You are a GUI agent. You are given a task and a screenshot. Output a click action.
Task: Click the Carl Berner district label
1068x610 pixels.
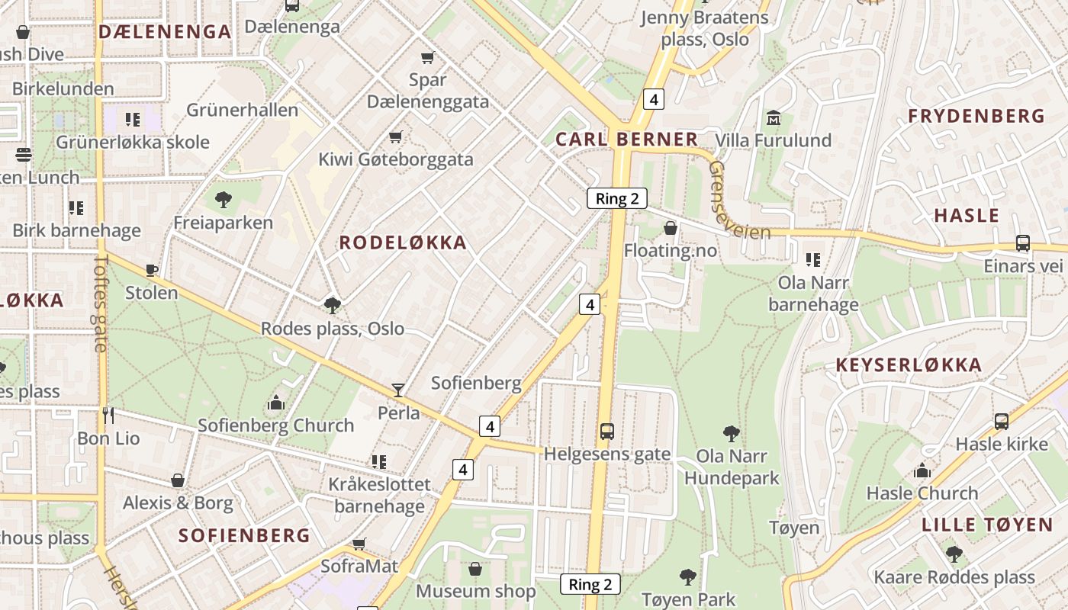[626, 140]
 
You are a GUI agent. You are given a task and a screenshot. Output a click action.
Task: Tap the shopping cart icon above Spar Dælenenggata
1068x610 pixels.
[428, 58]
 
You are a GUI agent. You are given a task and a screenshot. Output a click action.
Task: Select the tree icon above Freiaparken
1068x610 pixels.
[223, 201]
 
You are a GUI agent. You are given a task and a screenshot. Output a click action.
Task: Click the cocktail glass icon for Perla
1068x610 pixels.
[398, 390]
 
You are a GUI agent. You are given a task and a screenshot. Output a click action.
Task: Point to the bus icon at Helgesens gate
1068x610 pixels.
[607, 432]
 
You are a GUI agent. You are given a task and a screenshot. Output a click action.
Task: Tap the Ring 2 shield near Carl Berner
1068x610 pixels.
[616, 199]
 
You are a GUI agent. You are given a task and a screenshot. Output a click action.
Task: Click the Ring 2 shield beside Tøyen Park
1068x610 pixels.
[590, 585]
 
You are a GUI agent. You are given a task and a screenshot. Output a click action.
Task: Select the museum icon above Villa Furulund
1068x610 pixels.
[774, 118]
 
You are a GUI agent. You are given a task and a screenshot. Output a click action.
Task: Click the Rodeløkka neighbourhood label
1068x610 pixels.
[402, 243]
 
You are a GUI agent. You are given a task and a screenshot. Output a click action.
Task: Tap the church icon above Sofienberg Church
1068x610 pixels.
[276, 403]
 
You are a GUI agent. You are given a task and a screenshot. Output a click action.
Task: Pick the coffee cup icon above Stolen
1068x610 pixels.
[152, 270]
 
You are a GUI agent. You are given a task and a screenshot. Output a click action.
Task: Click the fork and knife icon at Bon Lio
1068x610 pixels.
[108, 416]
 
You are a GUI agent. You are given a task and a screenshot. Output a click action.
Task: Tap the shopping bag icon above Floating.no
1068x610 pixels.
[671, 228]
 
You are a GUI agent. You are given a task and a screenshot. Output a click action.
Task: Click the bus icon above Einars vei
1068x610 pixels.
[1023, 243]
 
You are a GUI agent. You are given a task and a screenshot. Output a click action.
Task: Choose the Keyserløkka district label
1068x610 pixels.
[909, 365]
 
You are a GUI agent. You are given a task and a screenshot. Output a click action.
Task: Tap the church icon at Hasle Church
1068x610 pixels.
[922, 470]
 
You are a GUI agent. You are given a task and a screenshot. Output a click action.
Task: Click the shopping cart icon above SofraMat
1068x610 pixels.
[359, 544]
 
